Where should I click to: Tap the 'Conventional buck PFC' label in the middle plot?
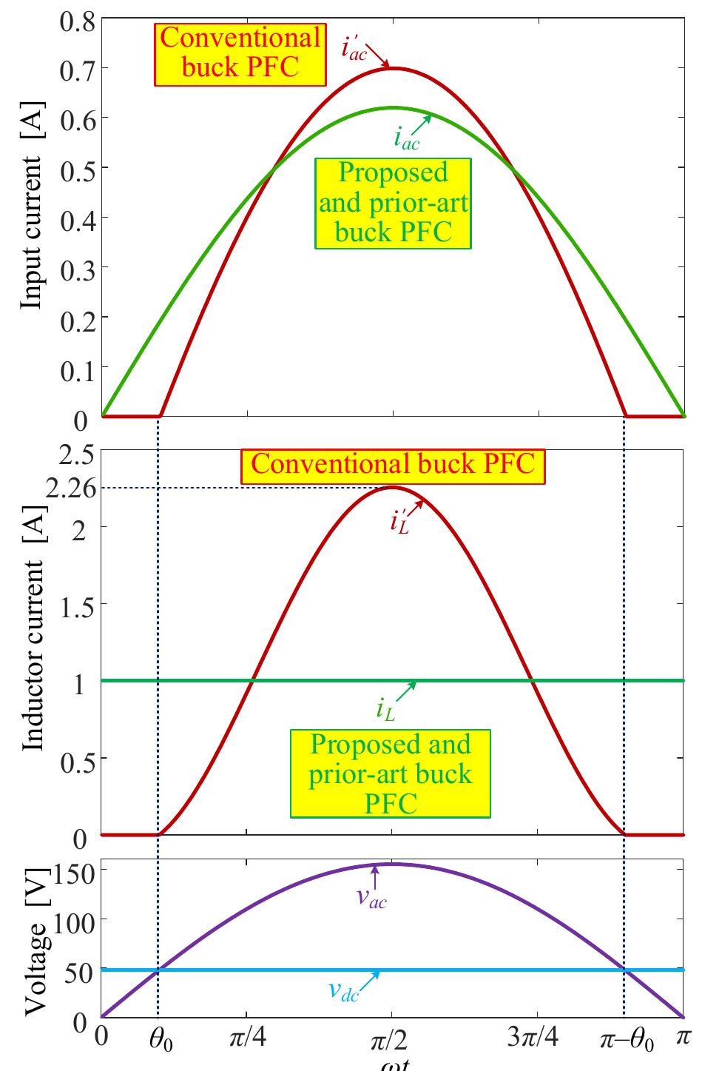(392, 465)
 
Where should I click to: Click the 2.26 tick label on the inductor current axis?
(67, 489)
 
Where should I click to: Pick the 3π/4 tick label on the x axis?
(533, 1039)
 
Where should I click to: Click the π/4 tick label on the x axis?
(247, 1039)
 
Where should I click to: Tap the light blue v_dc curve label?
(343, 992)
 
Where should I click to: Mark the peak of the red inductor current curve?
(392, 486)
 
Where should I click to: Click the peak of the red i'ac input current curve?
(392, 68)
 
